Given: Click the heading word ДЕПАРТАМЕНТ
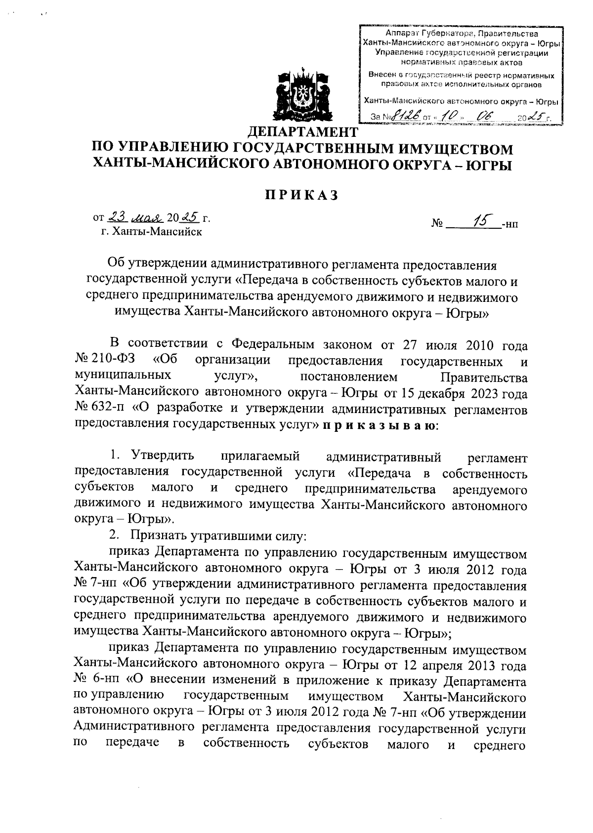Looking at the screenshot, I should tap(301, 132).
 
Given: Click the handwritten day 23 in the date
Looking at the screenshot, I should tap(118, 216).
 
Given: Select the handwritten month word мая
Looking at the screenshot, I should tap(146, 217).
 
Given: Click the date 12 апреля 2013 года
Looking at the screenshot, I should tap(466, 666).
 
